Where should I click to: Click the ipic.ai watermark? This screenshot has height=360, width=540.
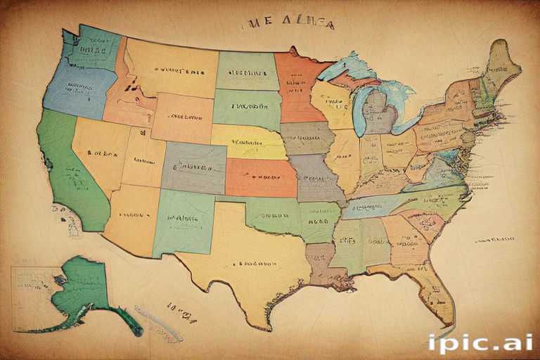480,343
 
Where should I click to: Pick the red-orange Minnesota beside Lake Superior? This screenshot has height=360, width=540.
295,84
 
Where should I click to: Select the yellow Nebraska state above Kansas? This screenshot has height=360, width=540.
246,142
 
